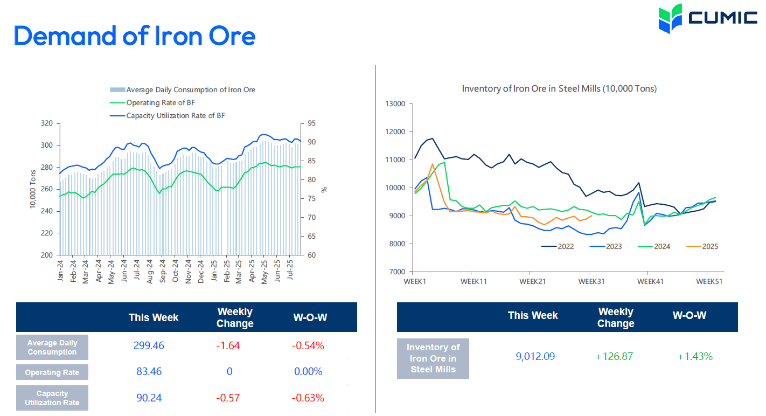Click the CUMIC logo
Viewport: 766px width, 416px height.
click(707, 18)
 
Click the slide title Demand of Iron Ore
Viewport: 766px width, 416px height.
click(134, 36)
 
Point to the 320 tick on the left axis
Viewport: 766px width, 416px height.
click(47, 123)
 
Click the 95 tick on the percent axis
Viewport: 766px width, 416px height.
click(312, 123)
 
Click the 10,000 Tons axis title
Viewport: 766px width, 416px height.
click(33, 189)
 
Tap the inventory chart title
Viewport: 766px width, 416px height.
click(559, 88)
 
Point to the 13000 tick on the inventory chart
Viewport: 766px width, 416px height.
click(396, 104)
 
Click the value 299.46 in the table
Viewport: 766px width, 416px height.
click(149, 346)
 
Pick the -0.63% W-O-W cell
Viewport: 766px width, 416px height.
click(308, 398)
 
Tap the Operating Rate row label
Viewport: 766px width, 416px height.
click(52, 372)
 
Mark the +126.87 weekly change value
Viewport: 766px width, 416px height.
click(614, 356)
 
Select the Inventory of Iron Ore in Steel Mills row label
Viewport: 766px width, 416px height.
click(433, 358)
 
